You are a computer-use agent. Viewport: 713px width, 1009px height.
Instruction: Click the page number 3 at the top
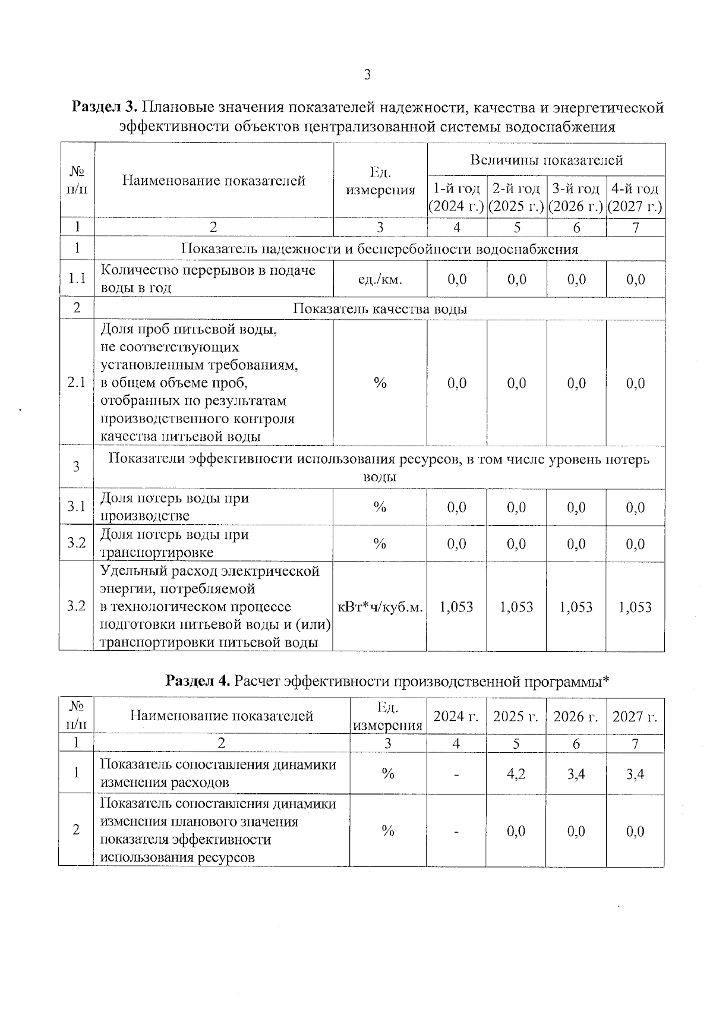[x=367, y=75]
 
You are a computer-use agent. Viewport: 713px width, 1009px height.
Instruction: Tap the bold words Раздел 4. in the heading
[x=198, y=680]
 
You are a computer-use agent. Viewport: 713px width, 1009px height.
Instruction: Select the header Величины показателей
[x=546, y=160]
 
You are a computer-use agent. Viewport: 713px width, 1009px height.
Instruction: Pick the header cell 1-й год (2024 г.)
[x=456, y=198]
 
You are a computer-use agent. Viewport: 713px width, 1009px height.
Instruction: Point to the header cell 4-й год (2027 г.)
[x=635, y=198]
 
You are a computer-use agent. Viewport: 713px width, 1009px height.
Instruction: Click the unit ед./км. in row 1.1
[x=380, y=279]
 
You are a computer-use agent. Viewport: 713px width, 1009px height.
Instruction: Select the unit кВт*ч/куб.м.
[x=380, y=607]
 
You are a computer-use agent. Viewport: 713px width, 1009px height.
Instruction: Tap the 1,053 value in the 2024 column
[x=456, y=607]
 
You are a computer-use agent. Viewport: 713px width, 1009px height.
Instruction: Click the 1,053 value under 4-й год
[x=635, y=607]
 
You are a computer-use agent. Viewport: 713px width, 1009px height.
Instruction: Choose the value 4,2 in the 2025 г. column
[x=516, y=774]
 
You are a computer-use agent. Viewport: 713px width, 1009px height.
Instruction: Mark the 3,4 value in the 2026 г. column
[x=576, y=774]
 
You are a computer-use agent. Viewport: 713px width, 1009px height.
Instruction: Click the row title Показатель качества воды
[x=380, y=309]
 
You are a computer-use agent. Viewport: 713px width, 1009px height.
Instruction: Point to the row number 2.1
[x=77, y=383]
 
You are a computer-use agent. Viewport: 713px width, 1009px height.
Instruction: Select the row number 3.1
[x=77, y=507]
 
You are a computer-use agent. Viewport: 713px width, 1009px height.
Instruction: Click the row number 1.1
[x=77, y=279]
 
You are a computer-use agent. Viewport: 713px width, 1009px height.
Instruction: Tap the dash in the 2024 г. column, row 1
[x=456, y=774]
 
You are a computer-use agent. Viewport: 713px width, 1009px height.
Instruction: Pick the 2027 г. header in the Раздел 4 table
[x=635, y=716]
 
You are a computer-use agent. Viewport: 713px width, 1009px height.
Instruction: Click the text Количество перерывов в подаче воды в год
[x=208, y=279]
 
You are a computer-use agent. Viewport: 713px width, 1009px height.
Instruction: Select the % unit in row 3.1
[x=380, y=507]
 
